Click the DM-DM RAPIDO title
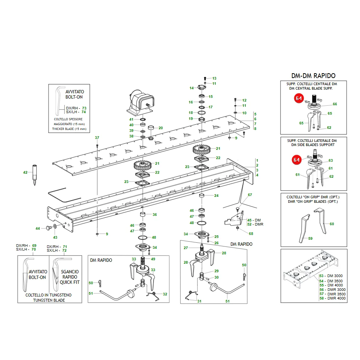(x=313, y=76)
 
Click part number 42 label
(x=25, y=173)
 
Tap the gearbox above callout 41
(x=140, y=103)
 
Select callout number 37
(x=97, y=138)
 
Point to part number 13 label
(x=214, y=78)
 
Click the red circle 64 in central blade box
(x=299, y=98)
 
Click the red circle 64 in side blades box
(x=297, y=160)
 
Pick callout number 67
(x=250, y=195)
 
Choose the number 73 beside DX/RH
(x=84, y=108)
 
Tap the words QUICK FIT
(x=69, y=282)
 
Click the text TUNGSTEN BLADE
(x=49, y=300)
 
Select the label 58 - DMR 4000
(x=332, y=298)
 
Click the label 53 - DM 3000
(x=331, y=276)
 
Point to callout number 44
(x=38, y=229)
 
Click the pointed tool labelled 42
(x=34, y=175)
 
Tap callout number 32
(x=165, y=294)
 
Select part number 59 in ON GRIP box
(x=310, y=239)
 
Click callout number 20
(x=161, y=128)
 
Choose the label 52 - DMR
(x=255, y=224)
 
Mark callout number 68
(x=251, y=234)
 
